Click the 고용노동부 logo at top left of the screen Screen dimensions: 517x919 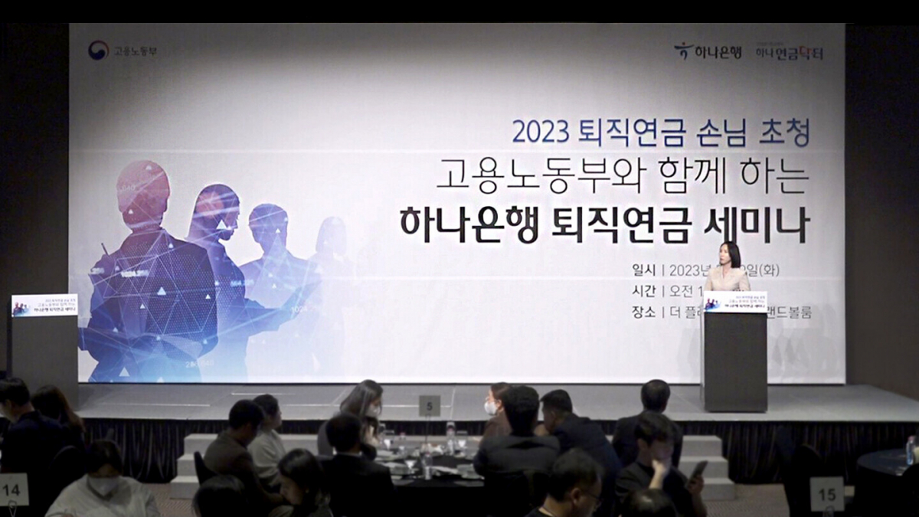click(123, 51)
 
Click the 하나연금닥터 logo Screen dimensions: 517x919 click(789, 51)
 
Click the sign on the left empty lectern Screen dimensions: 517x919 click(44, 306)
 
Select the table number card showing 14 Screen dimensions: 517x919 click(13, 489)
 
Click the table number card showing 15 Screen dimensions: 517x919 click(826, 493)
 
